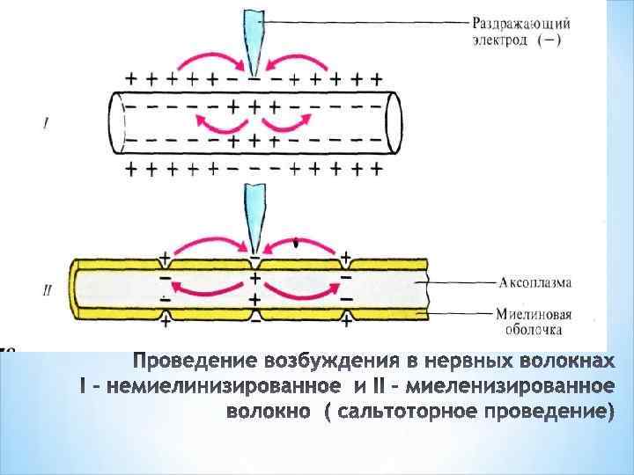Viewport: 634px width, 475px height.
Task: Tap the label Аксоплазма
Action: coord(534,282)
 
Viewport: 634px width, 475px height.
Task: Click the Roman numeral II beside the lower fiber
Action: coord(46,288)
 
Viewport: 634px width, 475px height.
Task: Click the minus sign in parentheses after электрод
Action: coord(560,40)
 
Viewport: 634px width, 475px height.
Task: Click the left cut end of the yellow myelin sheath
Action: coord(76,289)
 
